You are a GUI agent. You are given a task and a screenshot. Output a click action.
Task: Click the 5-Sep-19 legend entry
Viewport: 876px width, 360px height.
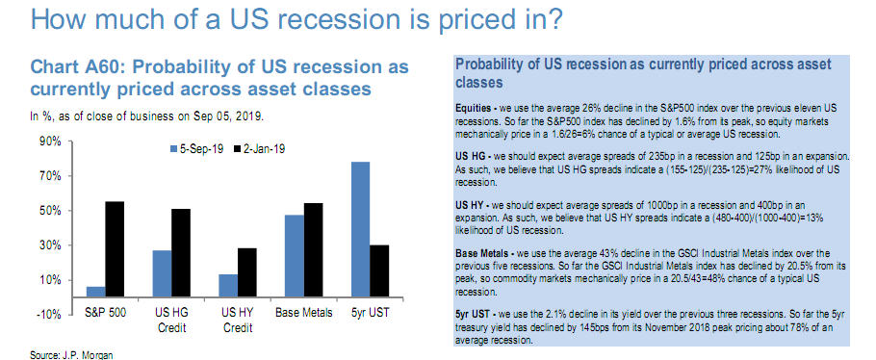pos(196,149)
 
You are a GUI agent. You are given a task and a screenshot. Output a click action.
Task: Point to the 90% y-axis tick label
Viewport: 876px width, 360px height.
pos(50,141)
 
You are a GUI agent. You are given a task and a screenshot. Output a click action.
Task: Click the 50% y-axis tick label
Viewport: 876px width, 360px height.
pos(50,211)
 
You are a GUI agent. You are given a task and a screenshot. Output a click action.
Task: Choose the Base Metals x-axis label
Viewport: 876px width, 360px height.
pos(304,312)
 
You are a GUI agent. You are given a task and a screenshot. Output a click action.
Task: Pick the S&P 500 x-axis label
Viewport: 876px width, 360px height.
pos(106,312)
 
